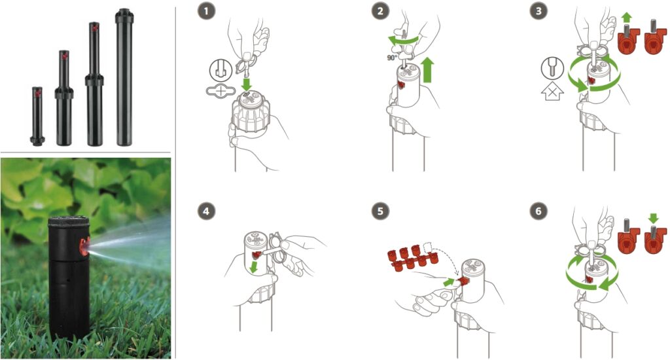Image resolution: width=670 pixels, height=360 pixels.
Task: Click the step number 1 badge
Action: click(206, 11)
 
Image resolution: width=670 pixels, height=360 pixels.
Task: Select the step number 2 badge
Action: click(380, 11)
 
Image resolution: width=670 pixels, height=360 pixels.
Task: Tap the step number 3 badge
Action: click(538, 11)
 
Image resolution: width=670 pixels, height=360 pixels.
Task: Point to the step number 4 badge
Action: click(206, 211)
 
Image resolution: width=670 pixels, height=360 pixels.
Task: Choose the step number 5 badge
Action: click(380, 211)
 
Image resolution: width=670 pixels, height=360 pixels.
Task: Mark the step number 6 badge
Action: click(538, 211)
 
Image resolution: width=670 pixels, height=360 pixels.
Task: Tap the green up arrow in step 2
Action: click(427, 71)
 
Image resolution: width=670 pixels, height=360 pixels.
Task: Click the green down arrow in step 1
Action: click(246, 84)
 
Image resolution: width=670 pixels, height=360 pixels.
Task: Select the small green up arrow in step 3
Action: click(626, 18)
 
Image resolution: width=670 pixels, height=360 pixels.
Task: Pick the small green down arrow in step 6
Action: click(654, 218)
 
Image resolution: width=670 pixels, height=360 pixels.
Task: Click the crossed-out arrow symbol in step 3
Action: click(552, 90)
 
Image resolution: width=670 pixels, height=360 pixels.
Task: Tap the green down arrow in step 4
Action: click(253, 267)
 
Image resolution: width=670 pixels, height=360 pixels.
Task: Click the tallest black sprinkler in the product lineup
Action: click(124, 77)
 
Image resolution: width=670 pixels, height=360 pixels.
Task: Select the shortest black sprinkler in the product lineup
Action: click(37, 117)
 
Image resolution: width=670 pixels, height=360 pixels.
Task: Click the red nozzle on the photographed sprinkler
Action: click(84, 246)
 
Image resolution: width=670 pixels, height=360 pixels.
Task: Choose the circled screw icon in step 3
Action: click(552, 69)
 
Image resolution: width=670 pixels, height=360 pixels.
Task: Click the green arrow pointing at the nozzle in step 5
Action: click(449, 282)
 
